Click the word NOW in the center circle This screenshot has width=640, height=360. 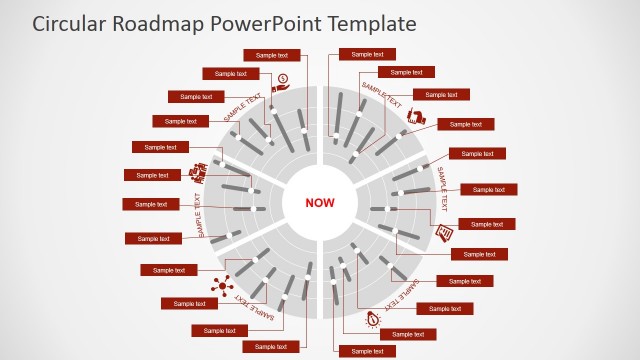[320, 203]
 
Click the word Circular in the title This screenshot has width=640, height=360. [70, 22]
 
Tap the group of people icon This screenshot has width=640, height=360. [200, 172]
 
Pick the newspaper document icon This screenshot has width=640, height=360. [444, 234]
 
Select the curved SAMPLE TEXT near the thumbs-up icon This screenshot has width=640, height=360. [381, 96]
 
